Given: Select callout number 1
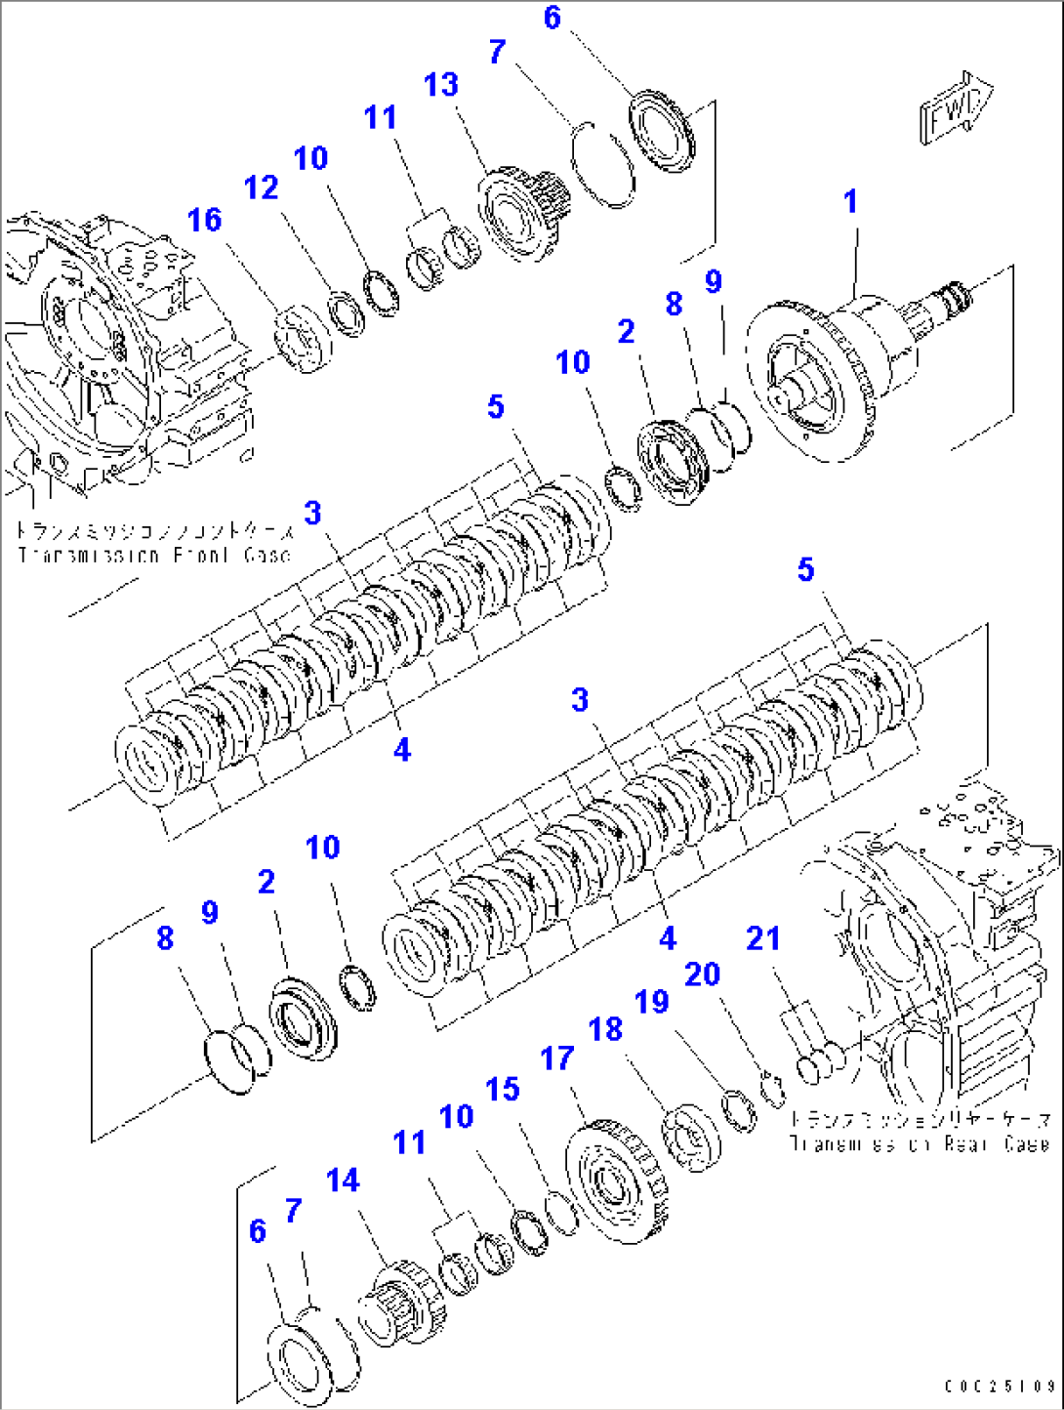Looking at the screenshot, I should [850, 202].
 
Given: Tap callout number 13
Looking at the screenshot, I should [440, 85].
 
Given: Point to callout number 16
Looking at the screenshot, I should [204, 220].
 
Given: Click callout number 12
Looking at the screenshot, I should [261, 187].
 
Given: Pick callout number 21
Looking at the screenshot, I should [762, 938].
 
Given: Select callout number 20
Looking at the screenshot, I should [702, 974].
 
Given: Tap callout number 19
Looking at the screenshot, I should [651, 1002].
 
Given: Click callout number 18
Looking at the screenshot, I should [605, 1028].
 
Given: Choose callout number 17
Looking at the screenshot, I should [557, 1057].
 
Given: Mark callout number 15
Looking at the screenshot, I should [503, 1089].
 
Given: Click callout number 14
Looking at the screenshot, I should [343, 1181].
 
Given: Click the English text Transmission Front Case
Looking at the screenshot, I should [154, 556].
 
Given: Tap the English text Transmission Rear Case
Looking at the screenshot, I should [919, 1143].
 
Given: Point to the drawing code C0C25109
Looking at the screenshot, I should [1000, 1386].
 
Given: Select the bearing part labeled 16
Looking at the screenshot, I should [303, 339].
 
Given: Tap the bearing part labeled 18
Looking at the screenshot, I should [691, 1139].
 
